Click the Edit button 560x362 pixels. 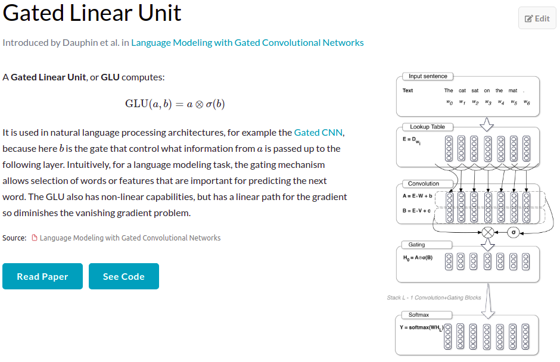click(537, 18)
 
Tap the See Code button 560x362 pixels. click(124, 276)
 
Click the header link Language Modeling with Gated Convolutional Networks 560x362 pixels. click(247, 42)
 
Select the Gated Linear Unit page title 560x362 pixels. click(92, 13)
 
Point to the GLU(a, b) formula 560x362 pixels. click(175, 104)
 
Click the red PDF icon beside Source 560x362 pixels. click(35, 238)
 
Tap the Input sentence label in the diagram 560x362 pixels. click(428, 76)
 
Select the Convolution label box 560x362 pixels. click(424, 183)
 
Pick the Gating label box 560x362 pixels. click(416, 245)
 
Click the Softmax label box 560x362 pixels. click(418, 314)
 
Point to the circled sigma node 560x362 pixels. click(513, 232)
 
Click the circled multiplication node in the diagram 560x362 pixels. click(488, 232)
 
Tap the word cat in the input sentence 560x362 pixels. click(462, 90)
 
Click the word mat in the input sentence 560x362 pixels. click(513, 90)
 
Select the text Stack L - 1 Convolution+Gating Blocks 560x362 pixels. click(434, 298)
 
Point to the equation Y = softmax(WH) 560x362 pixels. click(421, 328)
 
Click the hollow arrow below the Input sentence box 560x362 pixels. click(488, 123)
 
